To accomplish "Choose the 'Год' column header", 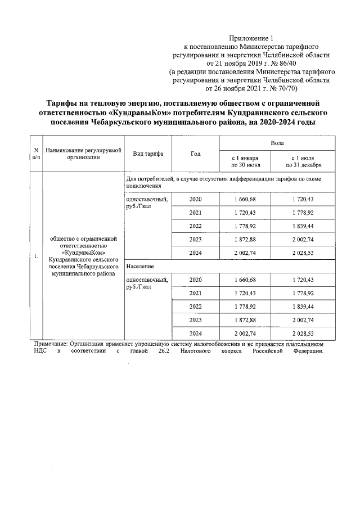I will pyautogui.click(x=195, y=154).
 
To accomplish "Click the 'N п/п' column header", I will pyautogui.click(x=35, y=154).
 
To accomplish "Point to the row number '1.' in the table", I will pyautogui.click(x=35, y=256).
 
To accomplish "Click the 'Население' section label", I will pyautogui.click(x=141, y=265).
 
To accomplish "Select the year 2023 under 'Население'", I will pyautogui.click(x=195, y=320).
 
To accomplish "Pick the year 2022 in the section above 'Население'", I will pyautogui.click(x=195, y=227).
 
